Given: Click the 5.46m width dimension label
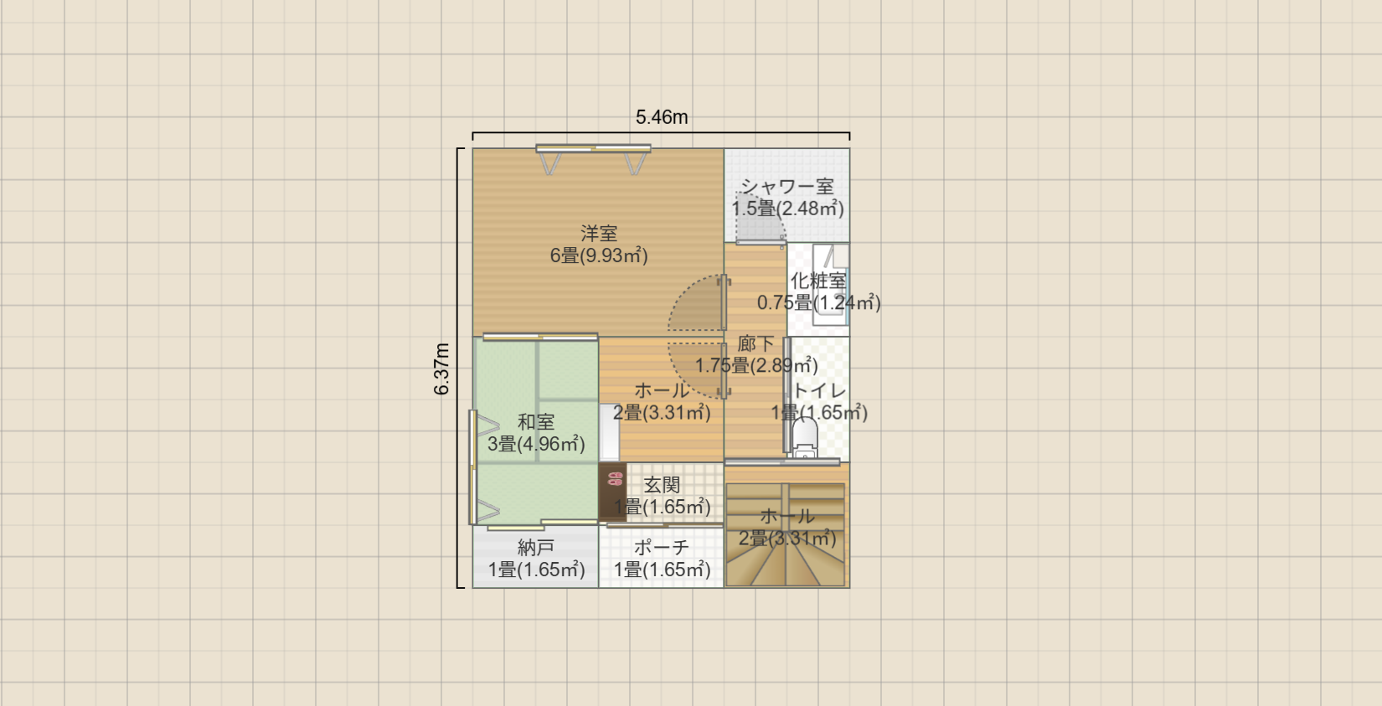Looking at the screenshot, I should [662, 117].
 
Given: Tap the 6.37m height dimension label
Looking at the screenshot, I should [441, 368].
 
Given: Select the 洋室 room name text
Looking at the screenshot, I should [599, 233].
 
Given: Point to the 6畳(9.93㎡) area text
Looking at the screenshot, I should [599, 255].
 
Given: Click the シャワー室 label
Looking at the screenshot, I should [787, 187].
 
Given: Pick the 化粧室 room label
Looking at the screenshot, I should [818, 281].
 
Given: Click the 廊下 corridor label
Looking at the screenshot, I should [755, 343].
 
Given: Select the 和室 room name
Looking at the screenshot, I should [536, 422].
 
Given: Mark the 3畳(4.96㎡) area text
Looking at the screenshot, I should [536, 444].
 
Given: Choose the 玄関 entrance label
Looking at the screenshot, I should [662, 485].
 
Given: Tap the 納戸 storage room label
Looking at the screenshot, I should [536, 548].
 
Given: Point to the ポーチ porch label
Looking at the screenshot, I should [662, 548].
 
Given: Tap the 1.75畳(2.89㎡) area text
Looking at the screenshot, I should [756, 365].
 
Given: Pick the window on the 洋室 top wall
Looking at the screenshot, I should [593, 150].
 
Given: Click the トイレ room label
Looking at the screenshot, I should [818, 390].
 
